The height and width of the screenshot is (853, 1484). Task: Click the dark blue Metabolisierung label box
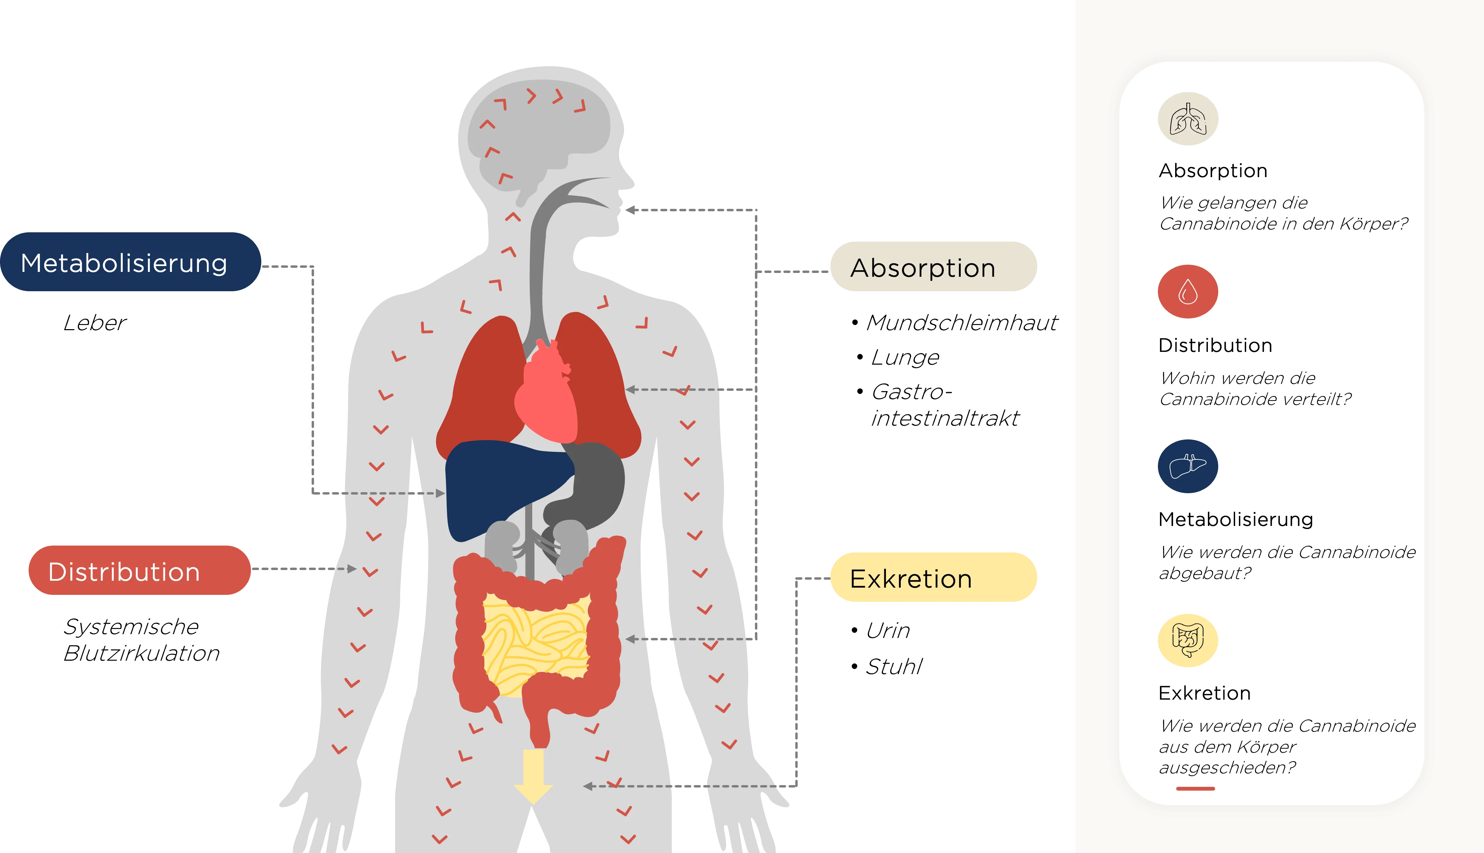point(130,263)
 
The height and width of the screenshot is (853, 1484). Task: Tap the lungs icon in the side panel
point(1188,119)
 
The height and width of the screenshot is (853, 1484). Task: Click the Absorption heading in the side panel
point(1213,171)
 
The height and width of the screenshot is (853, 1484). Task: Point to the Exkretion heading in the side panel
point(1204,693)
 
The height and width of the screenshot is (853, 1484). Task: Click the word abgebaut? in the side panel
point(1204,573)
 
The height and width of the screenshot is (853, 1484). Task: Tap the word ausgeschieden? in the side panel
point(1228,768)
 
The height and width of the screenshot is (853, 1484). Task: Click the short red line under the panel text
point(1195,789)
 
